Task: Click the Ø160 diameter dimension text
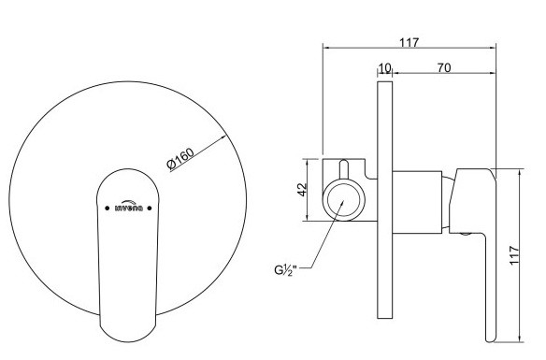click(180, 159)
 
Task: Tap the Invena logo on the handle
click(128, 206)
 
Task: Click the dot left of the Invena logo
click(107, 209)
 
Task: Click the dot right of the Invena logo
click(150, 209)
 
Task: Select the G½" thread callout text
click(285, 270)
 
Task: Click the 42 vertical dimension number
click(302, 190)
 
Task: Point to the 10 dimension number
click(384, 68)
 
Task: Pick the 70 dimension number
click(444, 67)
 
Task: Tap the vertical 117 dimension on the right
click(514, 255)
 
